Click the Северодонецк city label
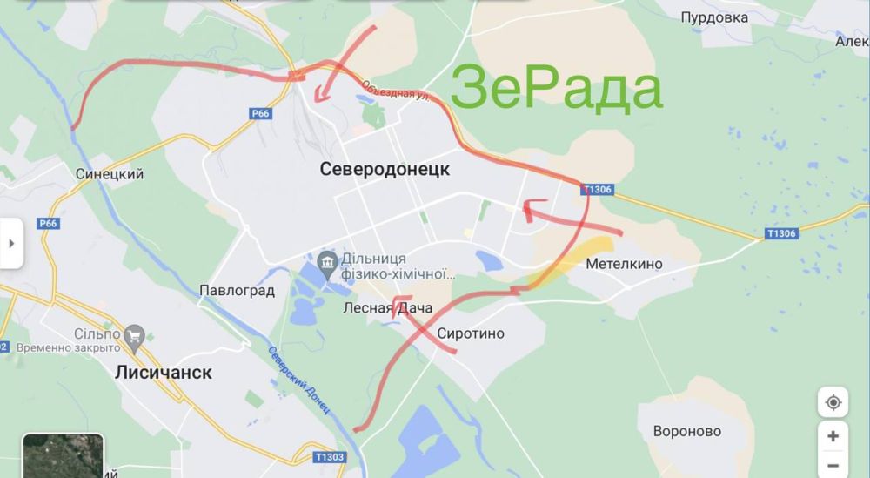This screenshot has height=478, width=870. [385, 169]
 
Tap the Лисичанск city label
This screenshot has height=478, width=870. [163, 372]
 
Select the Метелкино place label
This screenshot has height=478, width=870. [624, 263]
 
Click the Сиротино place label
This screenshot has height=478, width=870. [471, 333]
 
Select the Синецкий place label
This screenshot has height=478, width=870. [110, 174]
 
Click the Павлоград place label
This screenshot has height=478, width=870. [237, 290]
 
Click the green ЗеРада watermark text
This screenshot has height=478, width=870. [557, 90]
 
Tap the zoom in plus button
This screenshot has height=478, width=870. [833, 436]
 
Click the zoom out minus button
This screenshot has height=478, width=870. [833, 465]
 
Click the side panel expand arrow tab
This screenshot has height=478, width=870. [11, 243]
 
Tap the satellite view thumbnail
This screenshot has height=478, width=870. [63, 455]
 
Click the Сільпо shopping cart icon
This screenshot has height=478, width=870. [134, 334]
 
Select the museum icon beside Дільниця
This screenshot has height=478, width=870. [328, 260]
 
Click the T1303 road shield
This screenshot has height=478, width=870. [330, 456]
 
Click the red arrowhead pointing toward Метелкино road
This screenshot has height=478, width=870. [527, 207]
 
